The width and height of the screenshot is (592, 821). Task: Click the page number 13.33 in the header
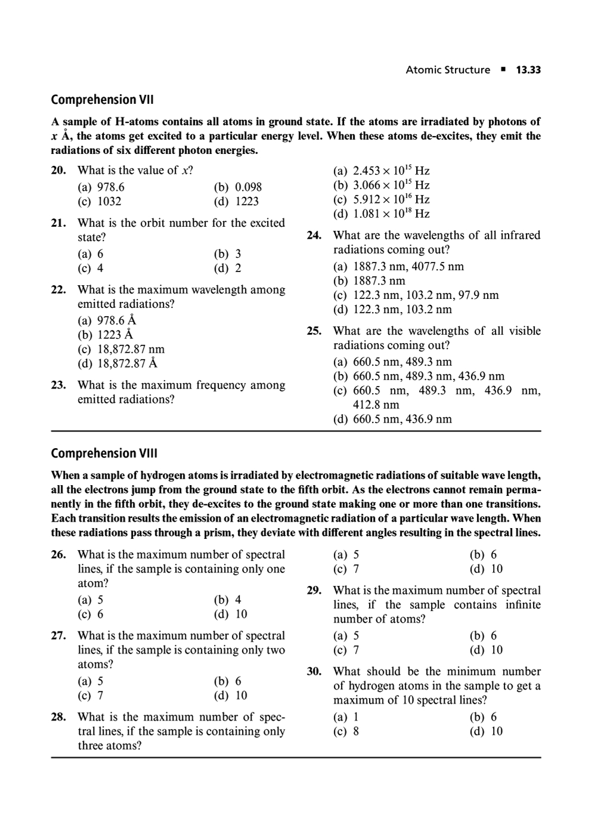[528, 70]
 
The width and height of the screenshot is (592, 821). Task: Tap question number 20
[58, 171]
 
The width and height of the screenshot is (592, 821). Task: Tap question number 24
[314, 236]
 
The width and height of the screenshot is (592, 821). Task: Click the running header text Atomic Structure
[448, 70]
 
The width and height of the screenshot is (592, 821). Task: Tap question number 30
[314, 672]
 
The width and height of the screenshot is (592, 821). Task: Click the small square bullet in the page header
[503, 70]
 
